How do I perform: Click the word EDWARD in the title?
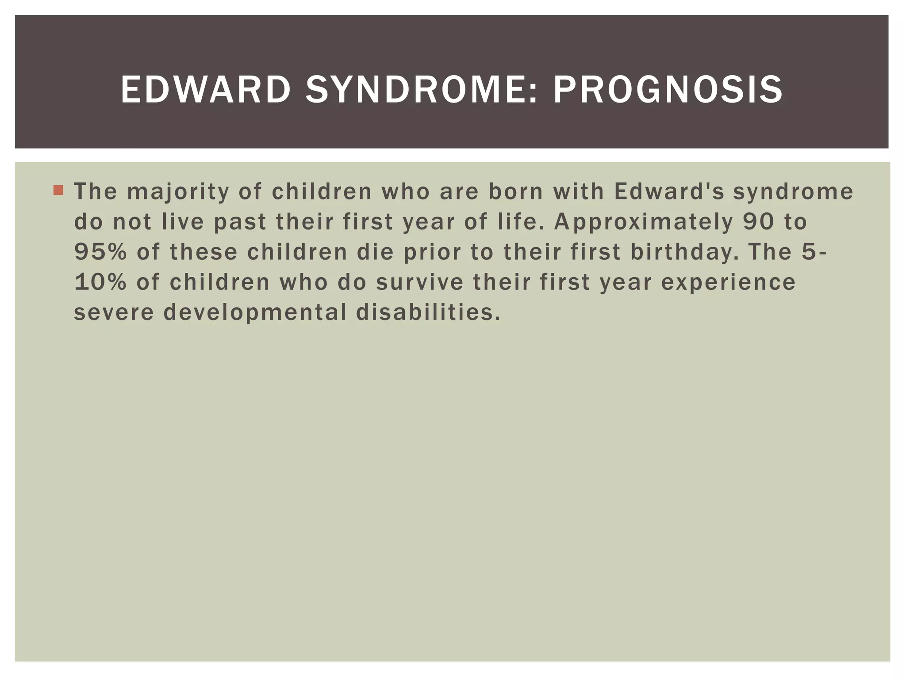click(205, 90)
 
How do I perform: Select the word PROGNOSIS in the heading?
click(668, 90)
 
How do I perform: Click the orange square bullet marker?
click(58, 191)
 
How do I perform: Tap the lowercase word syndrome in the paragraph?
click(793, 192)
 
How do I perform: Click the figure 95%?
click(100, 252)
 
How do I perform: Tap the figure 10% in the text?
click(100, 282)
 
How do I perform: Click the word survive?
click(419, 282)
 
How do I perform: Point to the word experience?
click(728, 282)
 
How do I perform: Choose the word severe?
click(114, 313)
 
